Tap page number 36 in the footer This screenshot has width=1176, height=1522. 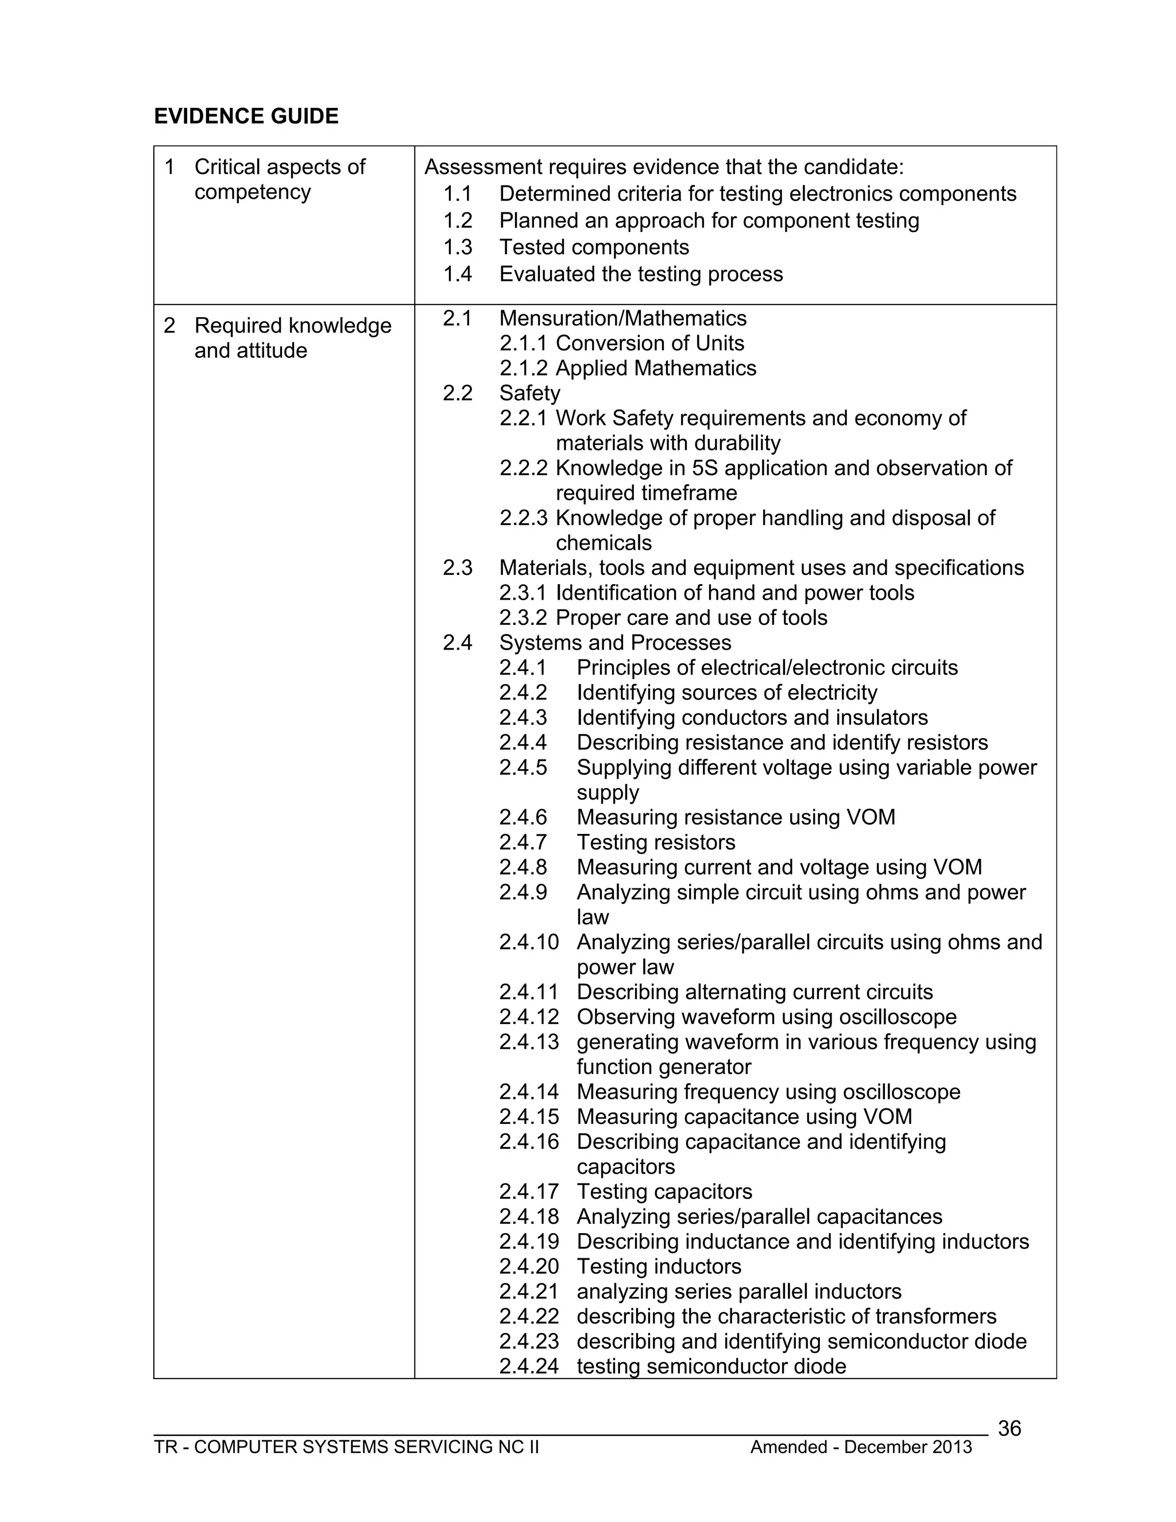tap(1009, 1428)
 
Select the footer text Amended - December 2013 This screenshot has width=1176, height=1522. tap(860, 1447)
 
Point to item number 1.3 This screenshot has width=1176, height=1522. tap(458, 248)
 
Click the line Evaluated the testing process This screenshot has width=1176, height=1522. tap(641, 274)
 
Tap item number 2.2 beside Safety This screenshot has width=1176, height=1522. tap(458, 393)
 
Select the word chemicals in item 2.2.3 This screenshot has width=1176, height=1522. tap(604, 543)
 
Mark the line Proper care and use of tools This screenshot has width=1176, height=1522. tap(691, 617)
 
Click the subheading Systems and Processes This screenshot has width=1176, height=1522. tap(615, 643)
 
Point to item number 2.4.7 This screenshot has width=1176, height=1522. tap(523, 843)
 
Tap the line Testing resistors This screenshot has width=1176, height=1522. tap(656, 843)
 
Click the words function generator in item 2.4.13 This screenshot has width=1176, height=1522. tap(664, 1067)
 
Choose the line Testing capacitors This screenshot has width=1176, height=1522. tap(664, 1192)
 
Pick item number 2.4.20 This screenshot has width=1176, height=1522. tap(529, 1266)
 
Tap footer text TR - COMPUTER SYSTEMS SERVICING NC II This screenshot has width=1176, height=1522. tap(346, 1447)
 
